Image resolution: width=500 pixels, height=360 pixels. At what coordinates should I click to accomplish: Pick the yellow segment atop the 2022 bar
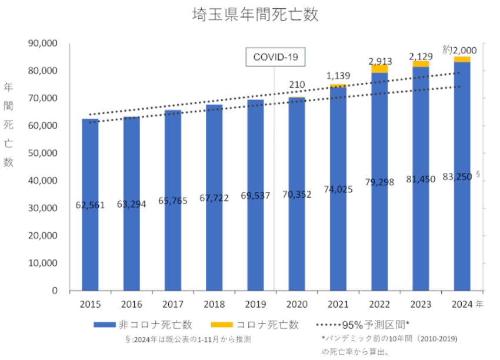click(x=379, y=69)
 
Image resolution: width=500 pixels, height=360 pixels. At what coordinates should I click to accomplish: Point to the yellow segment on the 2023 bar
click(x=421, y=64)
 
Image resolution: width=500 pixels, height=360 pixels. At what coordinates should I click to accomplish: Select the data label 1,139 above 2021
click(x=338, y=76)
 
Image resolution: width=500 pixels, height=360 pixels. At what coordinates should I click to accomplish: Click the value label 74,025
click(x=338, y=189)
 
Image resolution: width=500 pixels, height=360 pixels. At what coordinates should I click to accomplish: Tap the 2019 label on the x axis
click(x=255, y=305)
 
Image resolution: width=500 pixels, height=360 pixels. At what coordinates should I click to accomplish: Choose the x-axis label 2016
click(x=132, y=305)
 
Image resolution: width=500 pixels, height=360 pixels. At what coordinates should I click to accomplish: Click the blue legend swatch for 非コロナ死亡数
click(x=105, y=325)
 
